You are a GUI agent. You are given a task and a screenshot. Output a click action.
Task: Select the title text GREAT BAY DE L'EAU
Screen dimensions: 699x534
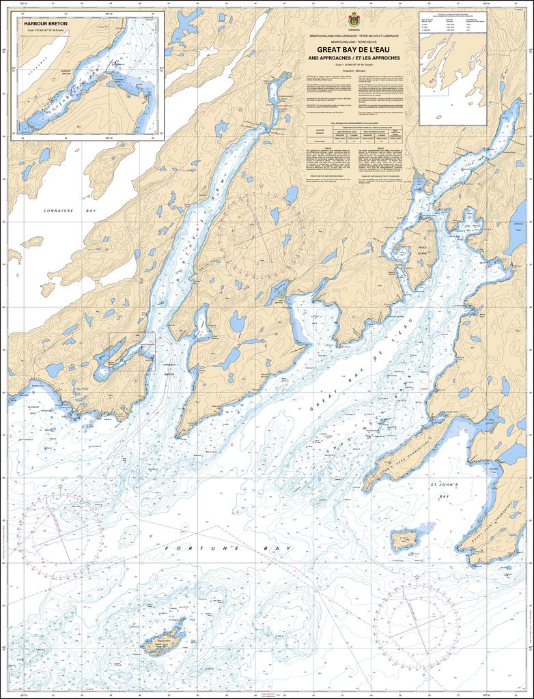coord(354,50)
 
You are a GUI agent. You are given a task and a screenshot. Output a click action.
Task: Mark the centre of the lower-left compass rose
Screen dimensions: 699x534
coord(61,537)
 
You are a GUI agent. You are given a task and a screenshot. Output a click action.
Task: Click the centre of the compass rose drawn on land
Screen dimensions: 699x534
coord(261,234)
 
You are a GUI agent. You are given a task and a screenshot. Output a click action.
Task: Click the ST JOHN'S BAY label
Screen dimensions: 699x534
coord(447,490)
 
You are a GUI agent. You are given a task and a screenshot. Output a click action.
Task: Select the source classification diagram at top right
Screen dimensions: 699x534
coord(453,68)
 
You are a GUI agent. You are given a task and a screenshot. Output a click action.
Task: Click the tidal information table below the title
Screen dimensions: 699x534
coord(354,134)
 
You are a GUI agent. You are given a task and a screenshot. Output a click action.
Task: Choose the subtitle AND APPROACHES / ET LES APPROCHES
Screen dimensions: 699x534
coord(354,59)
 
